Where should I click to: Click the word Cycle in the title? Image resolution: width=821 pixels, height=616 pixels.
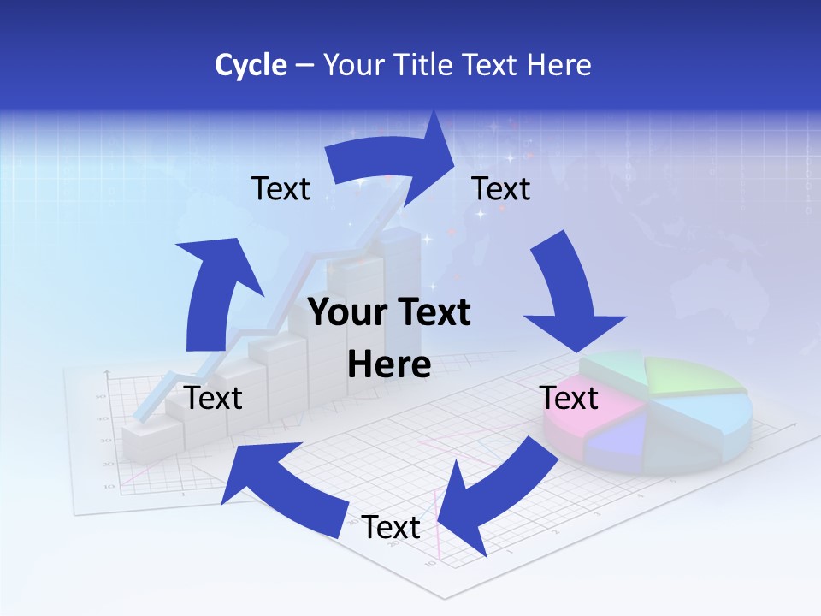tap(251, 65)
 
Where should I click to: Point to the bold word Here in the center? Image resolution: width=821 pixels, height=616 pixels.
tap(389, 365)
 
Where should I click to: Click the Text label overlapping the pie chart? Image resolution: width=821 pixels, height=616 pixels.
tap(569, 398)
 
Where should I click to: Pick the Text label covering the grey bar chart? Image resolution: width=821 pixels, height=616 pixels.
tap(213, 398)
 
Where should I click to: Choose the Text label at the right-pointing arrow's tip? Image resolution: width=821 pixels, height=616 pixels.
tap(501, 188)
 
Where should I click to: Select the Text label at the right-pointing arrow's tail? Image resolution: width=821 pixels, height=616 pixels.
tap(281, 188)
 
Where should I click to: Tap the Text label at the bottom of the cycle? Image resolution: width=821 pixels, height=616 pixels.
tap(391, 528)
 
